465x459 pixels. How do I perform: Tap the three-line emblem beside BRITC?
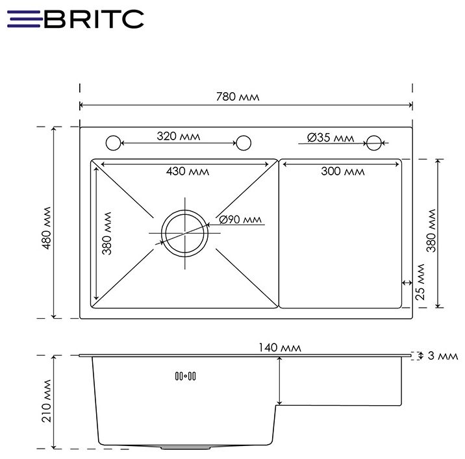[23, 19]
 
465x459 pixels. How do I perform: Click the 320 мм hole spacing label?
[178, 136]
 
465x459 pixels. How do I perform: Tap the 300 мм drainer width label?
[343, 171]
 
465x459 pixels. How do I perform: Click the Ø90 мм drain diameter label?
[240, 219]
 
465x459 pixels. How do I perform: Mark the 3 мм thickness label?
[443, 356]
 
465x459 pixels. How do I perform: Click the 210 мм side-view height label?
[45, 403]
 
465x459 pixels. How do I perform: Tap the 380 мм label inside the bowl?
[107, 232]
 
